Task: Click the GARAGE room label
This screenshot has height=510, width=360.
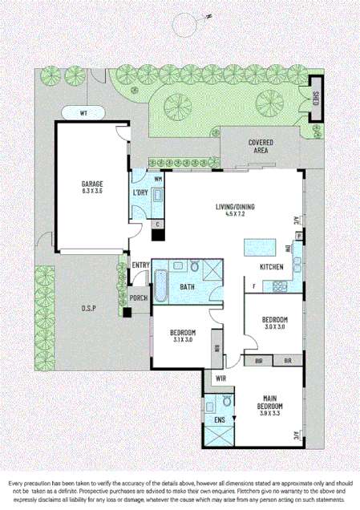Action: [x=91, y=183]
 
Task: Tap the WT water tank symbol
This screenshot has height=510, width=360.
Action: [x=83, y=111]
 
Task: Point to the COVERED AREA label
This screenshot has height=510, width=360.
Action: [x=261, y=146]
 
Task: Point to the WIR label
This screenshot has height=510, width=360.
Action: [x=220, y=378]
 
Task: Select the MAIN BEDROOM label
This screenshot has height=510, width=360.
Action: [x=270, y=401]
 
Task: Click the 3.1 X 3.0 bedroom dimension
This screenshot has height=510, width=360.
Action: [x=184, y=340]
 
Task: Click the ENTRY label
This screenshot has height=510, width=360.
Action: [x=141, y=265]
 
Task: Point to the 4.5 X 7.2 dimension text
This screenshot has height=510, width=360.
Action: [x=234, y=214]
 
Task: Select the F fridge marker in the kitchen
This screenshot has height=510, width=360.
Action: [x=254, y=286]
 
